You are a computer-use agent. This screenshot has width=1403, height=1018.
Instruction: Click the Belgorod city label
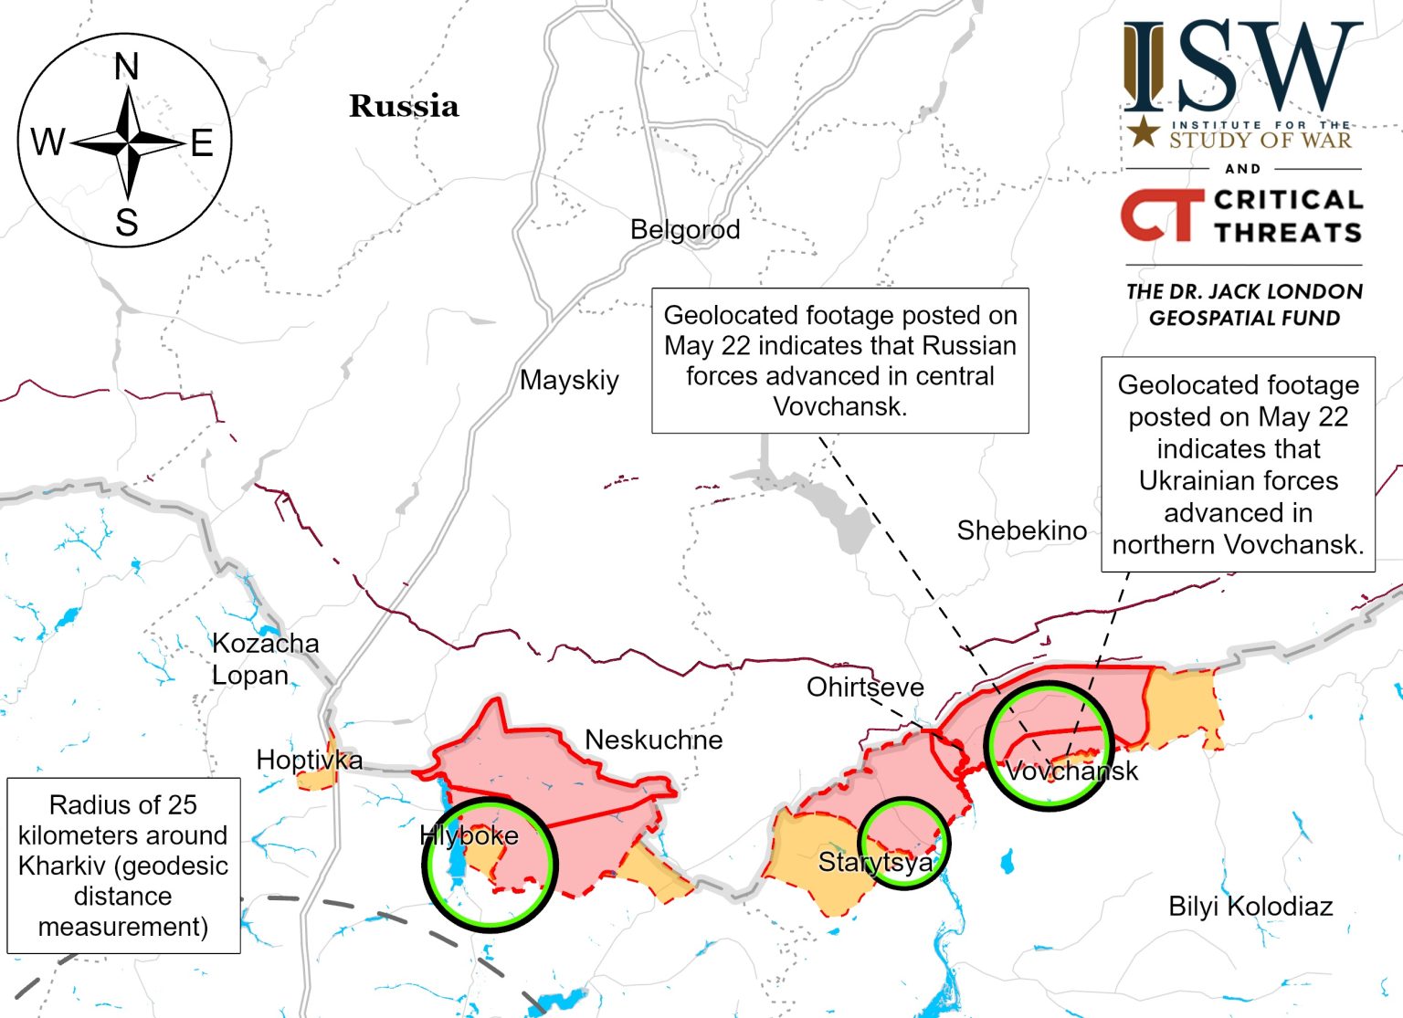[685, 229]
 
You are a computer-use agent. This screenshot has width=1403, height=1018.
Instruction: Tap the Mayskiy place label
[569, 380]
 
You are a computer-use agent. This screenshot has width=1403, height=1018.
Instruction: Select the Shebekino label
[1021, 530]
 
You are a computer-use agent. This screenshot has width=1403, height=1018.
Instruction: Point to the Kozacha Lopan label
[265, 659]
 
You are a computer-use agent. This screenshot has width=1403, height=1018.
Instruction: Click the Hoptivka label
[309, 760]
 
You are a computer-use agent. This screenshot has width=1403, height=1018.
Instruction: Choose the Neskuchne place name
[653, 740]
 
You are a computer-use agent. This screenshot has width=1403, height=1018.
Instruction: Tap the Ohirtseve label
[864, 687]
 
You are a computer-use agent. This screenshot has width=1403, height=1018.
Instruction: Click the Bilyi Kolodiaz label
[1250, 907]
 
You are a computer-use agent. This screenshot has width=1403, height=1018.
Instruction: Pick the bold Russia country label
[404, 106]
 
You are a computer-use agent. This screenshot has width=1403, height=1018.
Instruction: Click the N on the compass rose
[127, 67]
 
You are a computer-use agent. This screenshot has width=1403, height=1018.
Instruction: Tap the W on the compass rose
[47, 142]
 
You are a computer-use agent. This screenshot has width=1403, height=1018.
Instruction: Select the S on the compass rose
[127, 223]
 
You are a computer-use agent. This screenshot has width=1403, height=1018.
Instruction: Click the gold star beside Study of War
[1143, 132]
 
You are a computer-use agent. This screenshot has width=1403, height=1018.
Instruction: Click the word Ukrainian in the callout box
[1238, 480]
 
